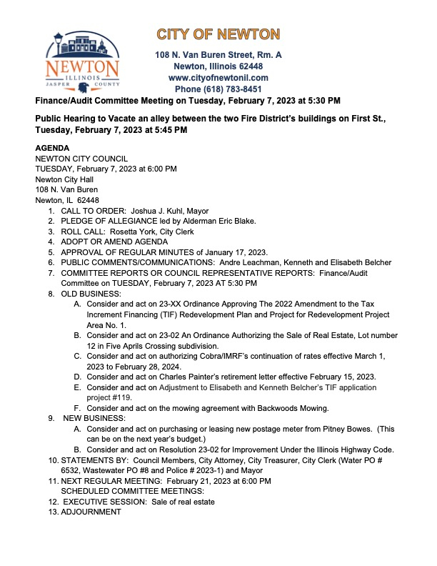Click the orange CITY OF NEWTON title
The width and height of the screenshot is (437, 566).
coord(218,34)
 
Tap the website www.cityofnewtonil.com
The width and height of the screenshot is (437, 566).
coord(218,77)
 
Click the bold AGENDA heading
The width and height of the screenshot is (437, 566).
coord(53,148)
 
